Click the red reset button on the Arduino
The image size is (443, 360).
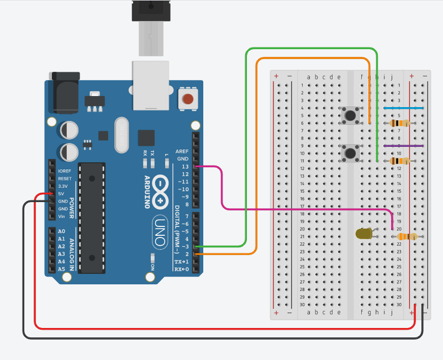(x=188, y=100)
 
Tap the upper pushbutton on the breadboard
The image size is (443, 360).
(x=349, y=115)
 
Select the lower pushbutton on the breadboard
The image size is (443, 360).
(x=349, y=152)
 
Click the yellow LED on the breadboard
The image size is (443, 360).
(x=363, y=234)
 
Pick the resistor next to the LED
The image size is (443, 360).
(x=407, y=236)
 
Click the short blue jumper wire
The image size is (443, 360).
(x=403, y=108)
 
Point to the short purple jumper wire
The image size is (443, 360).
(x=403, y=146)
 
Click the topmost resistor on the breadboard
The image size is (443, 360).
(x=399, y=123)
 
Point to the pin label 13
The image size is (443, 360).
(x=185, y=166)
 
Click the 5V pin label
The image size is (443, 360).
(x=62, y=194)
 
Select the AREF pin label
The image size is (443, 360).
(x=182, y=151)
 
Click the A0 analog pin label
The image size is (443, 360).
(x=61, y=231)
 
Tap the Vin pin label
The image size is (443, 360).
(x=62, y=216)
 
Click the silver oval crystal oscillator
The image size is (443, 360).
(x=122, y=135)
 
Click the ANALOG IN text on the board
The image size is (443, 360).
(x=72, y=250)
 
